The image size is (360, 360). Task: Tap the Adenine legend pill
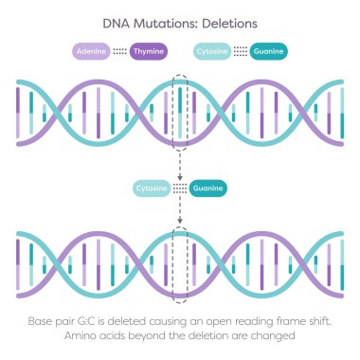92,51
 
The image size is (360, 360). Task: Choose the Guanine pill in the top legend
267,51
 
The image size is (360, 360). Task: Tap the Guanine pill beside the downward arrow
207,189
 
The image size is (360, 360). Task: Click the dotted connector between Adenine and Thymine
119,51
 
